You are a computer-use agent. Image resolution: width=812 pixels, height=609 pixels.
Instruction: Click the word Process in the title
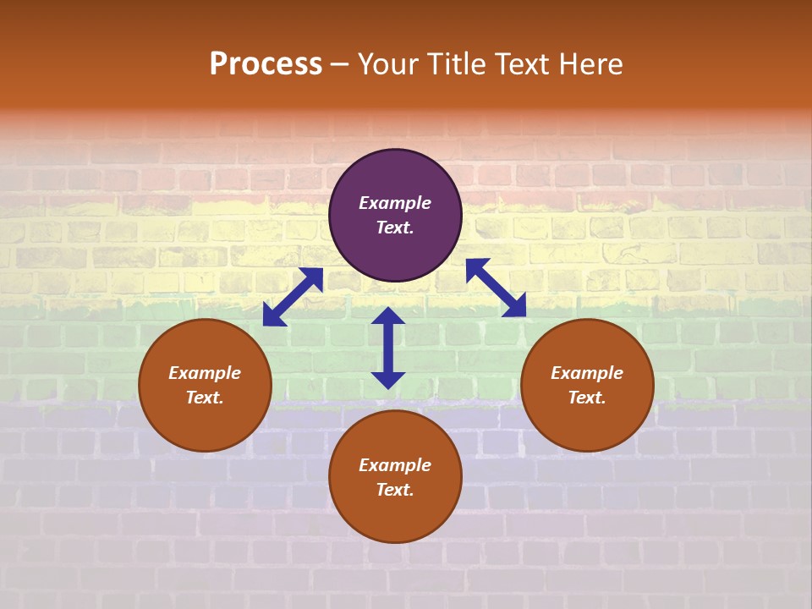tap(266, 64)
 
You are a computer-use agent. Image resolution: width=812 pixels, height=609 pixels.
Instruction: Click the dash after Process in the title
tap(339, 66)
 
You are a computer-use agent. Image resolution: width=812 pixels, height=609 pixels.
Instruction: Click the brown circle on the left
tap(205, 423)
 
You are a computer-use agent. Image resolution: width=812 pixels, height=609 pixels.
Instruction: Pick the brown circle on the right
tap(587, 423)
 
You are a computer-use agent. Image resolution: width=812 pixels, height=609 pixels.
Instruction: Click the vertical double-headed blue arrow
tap(388, 348)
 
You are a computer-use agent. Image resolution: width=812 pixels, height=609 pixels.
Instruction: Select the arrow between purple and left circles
tap(293, 297)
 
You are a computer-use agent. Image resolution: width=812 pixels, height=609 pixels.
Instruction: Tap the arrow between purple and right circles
tap(496, 288)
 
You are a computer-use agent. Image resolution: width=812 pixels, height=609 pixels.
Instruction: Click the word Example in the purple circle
tap(395, 203)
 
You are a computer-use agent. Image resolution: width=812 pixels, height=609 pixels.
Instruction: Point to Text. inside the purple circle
tap(395, 228)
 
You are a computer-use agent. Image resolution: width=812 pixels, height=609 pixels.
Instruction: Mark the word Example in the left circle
tap(205, 373)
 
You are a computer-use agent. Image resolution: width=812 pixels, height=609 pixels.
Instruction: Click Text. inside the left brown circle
tap(205, 398)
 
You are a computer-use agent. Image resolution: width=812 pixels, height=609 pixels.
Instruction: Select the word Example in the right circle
tap(587, 373)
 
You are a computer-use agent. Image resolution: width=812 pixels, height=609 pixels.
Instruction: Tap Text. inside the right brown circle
tap(587, 398)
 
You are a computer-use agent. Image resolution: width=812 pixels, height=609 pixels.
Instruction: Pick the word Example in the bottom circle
tap(395, 465)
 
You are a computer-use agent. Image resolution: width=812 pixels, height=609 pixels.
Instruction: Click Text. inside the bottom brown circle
tap(395, 490)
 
